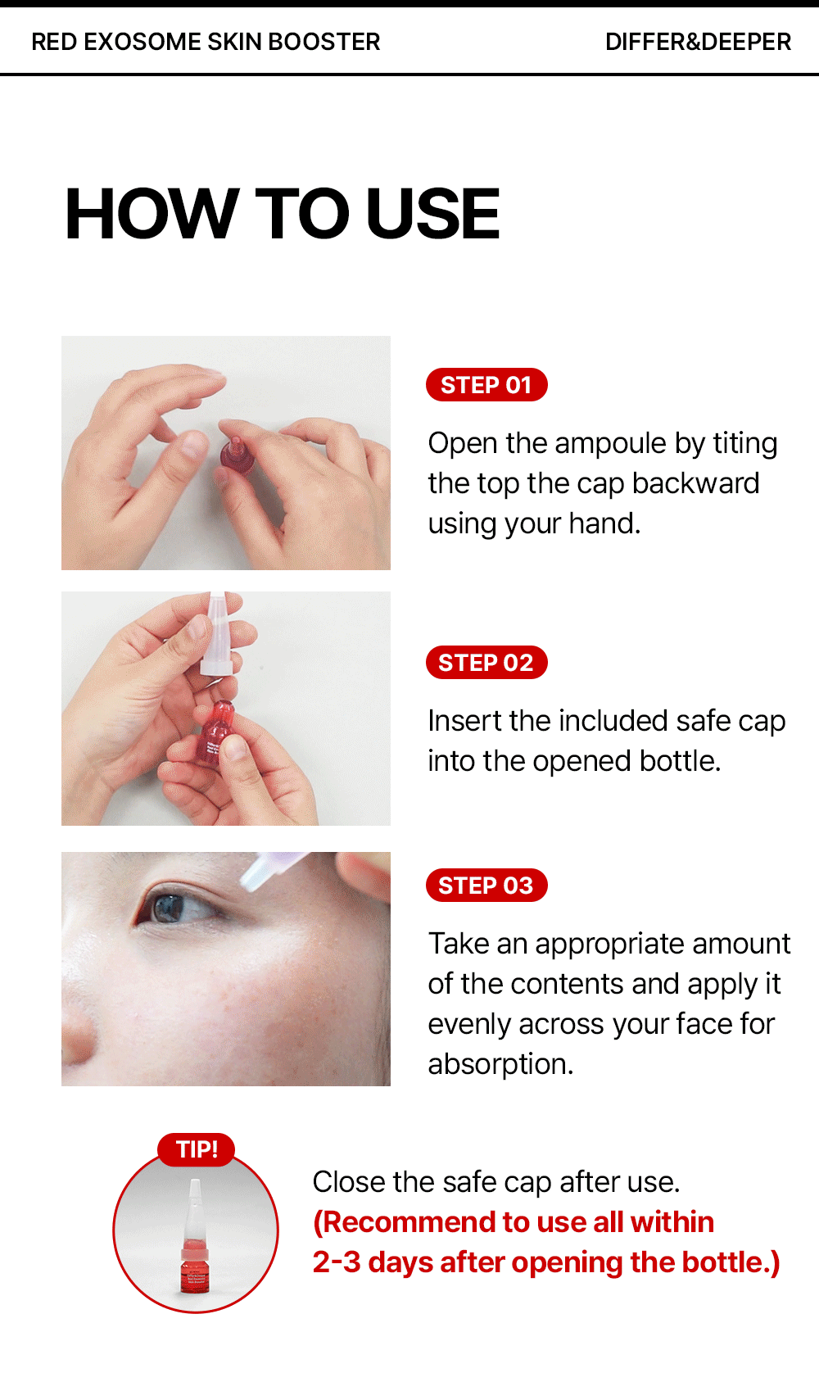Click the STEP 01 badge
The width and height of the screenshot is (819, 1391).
[x=486, y=385]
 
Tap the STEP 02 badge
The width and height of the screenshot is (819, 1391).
[x=486, y=663]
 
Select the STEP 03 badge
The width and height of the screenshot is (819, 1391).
[x=486, y=885]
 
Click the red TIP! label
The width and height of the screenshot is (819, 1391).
[x=197, y=1149]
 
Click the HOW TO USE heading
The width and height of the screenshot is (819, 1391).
[x=283, y=213]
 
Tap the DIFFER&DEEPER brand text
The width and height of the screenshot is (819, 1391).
[x=698, y=42]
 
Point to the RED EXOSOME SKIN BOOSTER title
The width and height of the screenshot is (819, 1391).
[x=206, y=42]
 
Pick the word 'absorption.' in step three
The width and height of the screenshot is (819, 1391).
[x=500, y=1065]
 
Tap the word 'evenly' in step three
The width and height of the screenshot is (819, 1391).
[x=469, y=1025]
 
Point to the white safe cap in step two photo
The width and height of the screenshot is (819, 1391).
[x=216, y=632]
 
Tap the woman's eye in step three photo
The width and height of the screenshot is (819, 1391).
[x=176, y=908]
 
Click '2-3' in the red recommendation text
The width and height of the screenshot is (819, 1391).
[x=337, y=1262]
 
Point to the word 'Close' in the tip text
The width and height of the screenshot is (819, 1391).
[x=348, y=1182]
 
